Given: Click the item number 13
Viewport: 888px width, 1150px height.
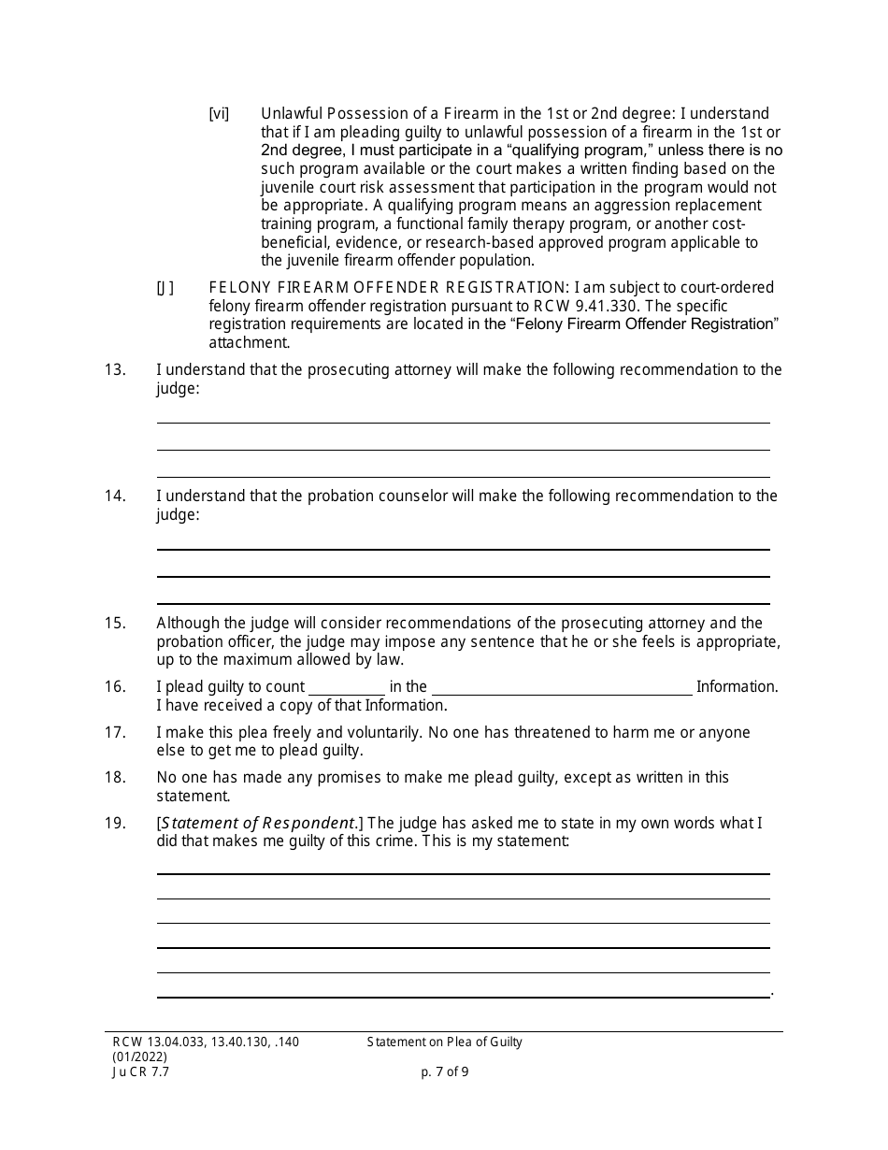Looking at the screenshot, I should coord(114,369).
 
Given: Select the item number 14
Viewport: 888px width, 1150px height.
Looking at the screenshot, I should coord(114,496).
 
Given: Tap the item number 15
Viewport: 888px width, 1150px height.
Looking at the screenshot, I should coord(114,624).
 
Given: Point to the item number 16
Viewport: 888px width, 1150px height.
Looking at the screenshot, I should coord(114,687).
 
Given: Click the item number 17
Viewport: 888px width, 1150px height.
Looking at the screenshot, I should coord(114,733).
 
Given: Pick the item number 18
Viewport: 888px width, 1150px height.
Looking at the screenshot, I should coord(114,778).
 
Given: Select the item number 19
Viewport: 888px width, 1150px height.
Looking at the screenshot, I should coord(114,824).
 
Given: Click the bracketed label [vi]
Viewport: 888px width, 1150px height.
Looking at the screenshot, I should coord(219,114).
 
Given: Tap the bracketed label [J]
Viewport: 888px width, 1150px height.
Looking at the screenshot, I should coord(165,288).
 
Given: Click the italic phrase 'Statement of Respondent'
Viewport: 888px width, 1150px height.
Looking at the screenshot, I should coord(257,824).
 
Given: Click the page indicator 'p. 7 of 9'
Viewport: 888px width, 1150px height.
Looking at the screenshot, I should coord(445,1072).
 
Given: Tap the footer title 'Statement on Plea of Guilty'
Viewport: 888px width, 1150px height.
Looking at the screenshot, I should coord(445,1042).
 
